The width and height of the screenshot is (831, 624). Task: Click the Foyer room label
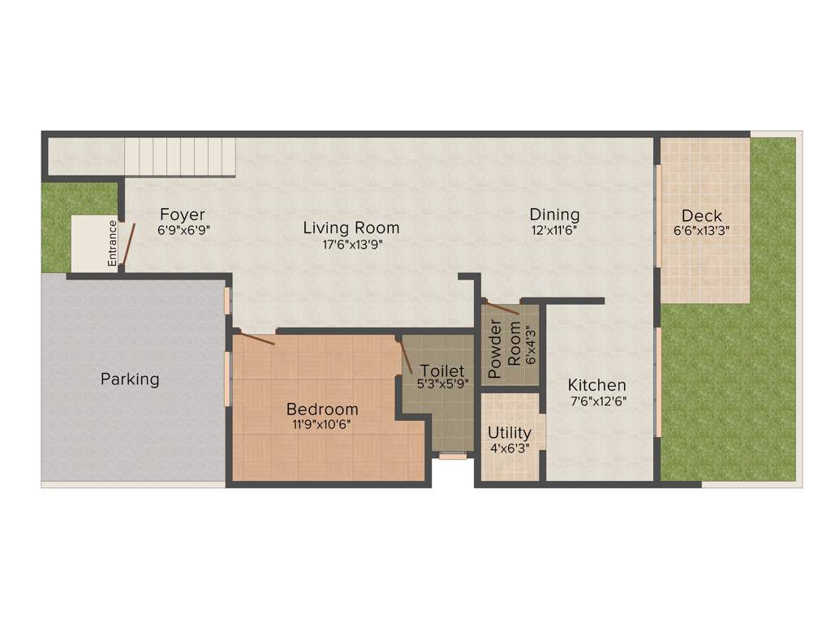(182, 214)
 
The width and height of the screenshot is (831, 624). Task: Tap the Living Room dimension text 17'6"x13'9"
(351, 244)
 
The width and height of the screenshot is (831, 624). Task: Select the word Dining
(554, 214)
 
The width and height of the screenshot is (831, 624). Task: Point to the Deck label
(702, 215)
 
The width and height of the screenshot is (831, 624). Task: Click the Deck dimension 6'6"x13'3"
(702, 231)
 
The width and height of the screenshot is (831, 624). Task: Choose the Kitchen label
(596, 385)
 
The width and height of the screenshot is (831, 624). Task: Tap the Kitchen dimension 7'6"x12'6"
(596, 401)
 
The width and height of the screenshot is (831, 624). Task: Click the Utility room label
(510, 432)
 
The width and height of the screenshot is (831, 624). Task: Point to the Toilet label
(441, 371)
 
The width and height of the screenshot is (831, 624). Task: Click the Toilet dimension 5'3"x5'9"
(441, 385)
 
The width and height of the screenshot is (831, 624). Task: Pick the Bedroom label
(322, 409)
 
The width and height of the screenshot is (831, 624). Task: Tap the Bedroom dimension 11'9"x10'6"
(322, 423)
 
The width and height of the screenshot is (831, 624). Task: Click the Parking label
(130, 379)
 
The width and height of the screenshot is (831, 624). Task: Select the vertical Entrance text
(113, 242)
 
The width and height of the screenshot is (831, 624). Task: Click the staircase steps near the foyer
(179, 156)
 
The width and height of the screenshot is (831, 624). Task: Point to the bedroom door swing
(256, 338)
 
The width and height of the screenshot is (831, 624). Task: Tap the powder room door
(502, 309)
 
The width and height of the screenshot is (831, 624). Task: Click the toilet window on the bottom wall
(453, 457)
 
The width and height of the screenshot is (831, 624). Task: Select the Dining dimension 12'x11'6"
(554, 230)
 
